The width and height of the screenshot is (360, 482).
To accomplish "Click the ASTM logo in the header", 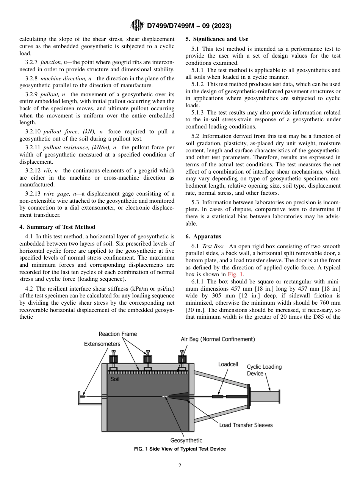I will click(137, 26).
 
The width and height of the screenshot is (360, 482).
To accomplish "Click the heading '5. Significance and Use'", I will click(217, 39).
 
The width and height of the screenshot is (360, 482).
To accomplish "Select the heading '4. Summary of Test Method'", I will click(57, 227).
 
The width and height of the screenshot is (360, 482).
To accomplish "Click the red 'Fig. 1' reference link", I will click(236, 274).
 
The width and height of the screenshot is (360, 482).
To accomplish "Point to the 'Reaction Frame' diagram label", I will click(118, 334).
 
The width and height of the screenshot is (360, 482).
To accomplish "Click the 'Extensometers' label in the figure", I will click(102, 344).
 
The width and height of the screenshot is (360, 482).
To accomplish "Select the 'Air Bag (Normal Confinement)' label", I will click(218, 339).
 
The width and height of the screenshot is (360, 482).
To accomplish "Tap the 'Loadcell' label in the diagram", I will click(228, 364).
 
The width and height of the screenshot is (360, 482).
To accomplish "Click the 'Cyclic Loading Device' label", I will click(264, 370).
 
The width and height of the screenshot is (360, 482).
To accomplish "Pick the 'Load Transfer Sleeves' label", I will click(246, 425).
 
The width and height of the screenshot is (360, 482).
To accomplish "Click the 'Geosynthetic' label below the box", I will click(186, 440).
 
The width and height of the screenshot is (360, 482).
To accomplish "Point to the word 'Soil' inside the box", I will click(115, 379).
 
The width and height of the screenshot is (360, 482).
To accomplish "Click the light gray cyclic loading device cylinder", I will click(265, 396).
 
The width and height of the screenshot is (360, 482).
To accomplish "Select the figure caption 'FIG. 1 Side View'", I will click(180, 449).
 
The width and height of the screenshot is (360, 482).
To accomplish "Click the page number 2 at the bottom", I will click(180, 466).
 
